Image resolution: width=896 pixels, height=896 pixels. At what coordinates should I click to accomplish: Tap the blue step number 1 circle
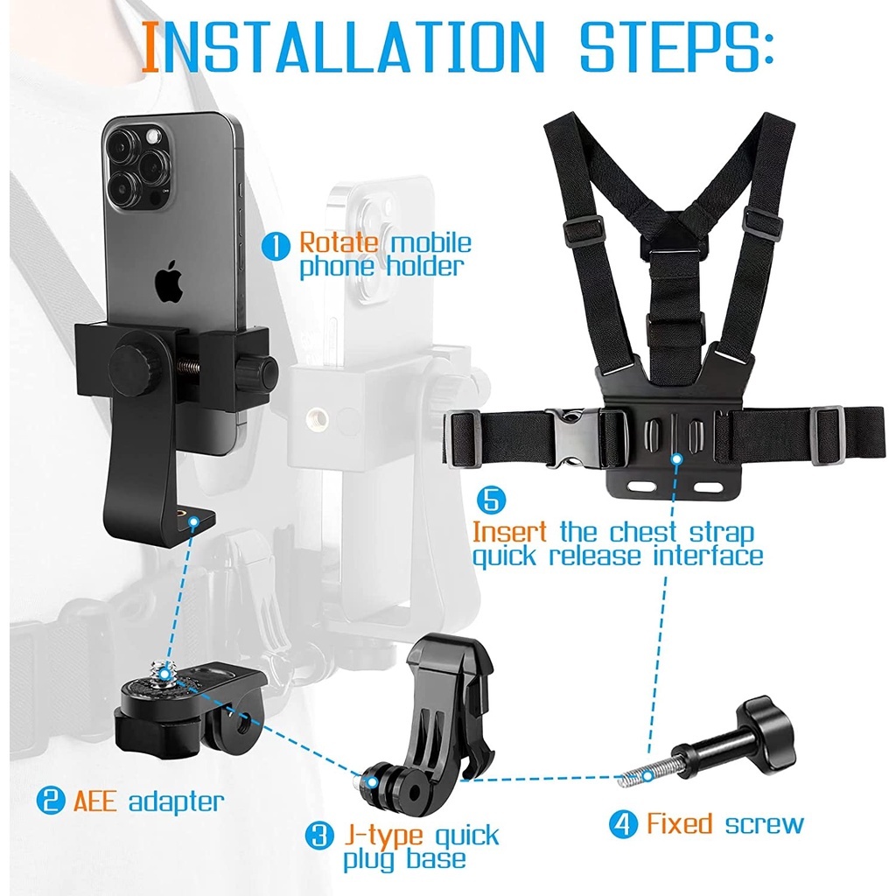(x=276, y=248)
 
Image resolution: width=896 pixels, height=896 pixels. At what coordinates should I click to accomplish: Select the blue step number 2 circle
(x=51, y=800)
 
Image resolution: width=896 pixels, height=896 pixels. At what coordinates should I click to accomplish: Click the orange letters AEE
(x=95, y=800)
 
